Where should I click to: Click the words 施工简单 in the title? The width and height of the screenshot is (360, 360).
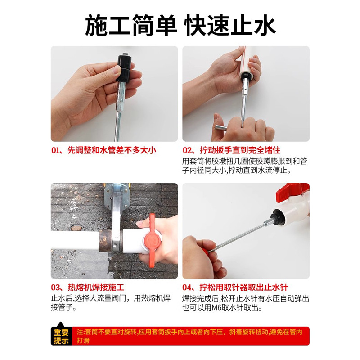point(130,26)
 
